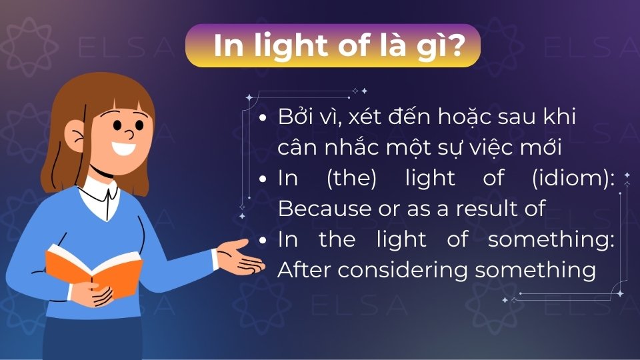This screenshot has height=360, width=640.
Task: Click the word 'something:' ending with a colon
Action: pos(551,240)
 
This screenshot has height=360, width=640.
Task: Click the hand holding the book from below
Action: pos(100,293)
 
